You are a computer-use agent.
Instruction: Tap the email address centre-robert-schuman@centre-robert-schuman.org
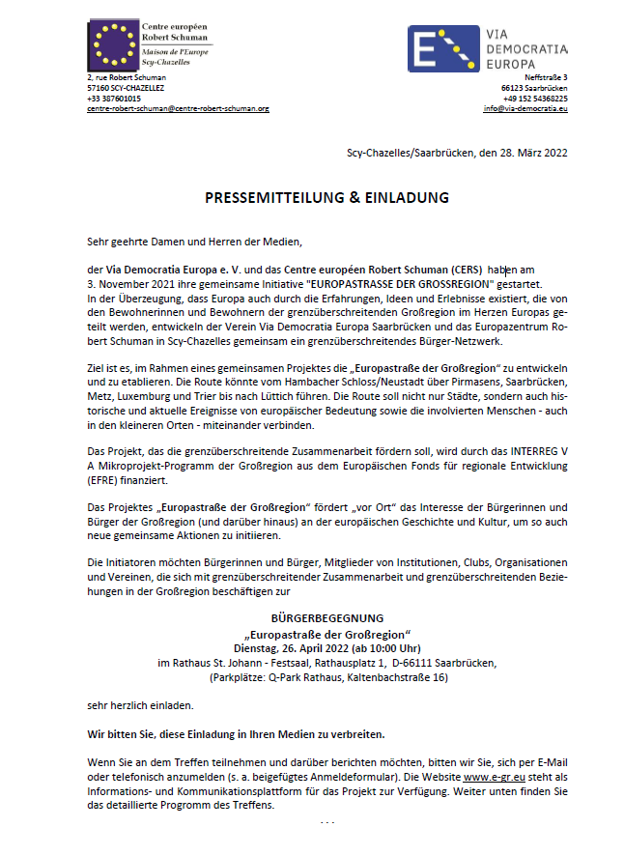point(178,109)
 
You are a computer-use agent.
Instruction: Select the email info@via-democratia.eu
point(525,109)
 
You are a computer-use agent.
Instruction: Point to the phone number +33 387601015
point(114,99)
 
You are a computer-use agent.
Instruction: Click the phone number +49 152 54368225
point(534,99)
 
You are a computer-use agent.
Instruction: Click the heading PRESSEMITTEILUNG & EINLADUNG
point(326,197)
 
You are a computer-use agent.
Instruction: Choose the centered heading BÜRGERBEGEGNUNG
point(327,617)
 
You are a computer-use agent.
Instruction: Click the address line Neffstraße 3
point(546,77)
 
